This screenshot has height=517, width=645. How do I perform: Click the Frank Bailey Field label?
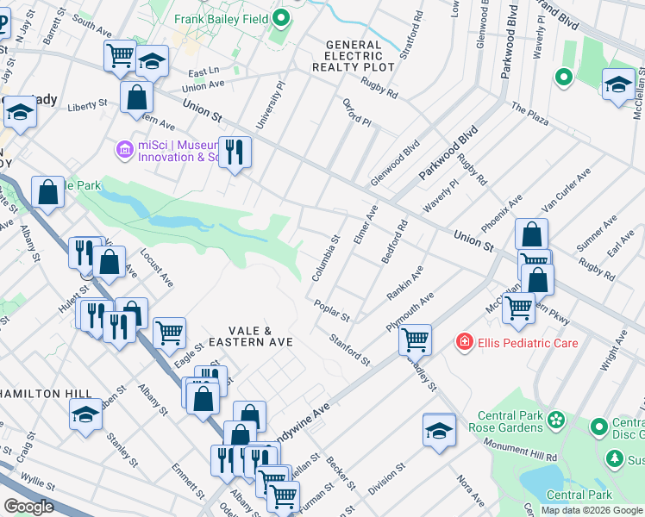(x=222, y=18)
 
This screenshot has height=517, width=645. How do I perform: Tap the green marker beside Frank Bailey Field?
(x=281, y=18)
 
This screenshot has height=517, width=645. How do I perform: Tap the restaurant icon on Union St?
(x=235, y=152)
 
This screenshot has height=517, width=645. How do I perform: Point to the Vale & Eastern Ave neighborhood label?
(x=260, y=336)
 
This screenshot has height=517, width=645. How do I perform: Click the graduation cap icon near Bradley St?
(x=439, y=428)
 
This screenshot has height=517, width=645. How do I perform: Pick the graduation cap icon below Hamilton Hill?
(x=86, y=414)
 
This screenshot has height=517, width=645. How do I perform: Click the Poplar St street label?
(x=331, y=311)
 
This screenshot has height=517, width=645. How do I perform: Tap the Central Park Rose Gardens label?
(x=506, y=421)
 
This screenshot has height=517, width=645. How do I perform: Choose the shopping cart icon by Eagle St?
(x=169, y=330)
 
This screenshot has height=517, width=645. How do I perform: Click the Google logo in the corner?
(x=28, y=506)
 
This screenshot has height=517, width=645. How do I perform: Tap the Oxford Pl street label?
(x=355, y=117)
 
